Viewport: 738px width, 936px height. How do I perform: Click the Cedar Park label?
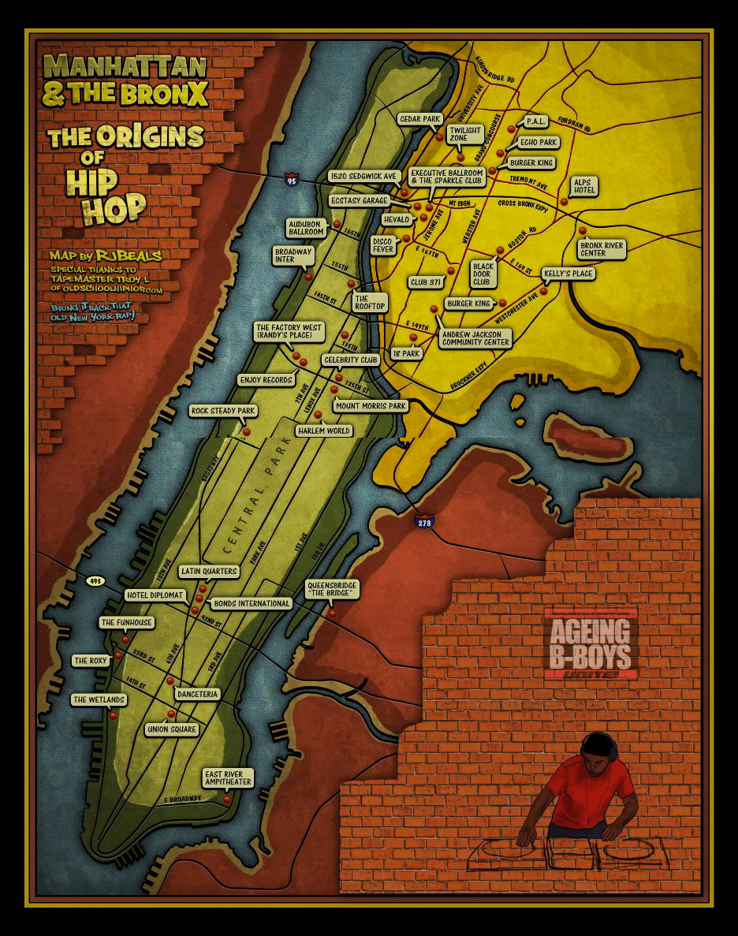pyautogui.click(x=420, y=119)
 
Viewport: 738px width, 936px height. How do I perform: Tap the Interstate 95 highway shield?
pyautogui.click(x=292, y=180)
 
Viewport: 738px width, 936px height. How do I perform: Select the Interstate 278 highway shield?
pyautogui.click(x=423, y=521)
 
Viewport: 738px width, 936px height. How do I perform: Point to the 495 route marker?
pyautogui.click(x=95, y=581)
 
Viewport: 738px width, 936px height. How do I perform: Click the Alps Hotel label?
pyautogui.click(x=584, y=186)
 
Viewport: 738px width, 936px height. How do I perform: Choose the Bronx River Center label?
pyautogui.click(x=602, y=249)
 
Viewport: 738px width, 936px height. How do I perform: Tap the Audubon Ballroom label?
pyautogui.click(x=307, y=228)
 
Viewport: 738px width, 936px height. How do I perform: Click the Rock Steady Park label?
pyautogui.click(x=224, y=411)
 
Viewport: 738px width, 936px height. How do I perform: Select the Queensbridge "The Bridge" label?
pyautogui.click(x=332, y=590)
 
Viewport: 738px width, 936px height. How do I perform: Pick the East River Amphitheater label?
pyautogui.click(x=228, y=778)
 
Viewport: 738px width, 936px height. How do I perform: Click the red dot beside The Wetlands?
pyautogui.click(x=114, y=716)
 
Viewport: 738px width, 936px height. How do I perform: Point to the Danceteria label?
pyautogui.click(x=198, y=694)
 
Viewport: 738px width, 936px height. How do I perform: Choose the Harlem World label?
pyautogui.click(x=323, y=431)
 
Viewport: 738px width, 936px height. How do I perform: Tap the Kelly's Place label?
pyautogui.click(x=568, y=274)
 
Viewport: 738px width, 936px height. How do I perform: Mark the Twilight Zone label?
pyautogui.click(x=458, y=133)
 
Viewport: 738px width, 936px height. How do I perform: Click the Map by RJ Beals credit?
pyautogui.click(x=105, y=255)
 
